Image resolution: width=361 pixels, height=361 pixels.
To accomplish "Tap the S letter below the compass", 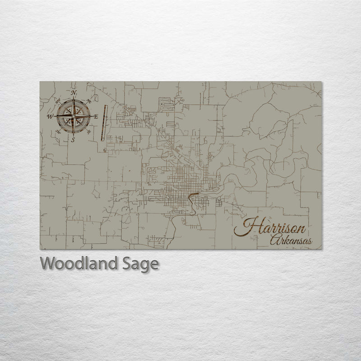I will (x=73, y=140).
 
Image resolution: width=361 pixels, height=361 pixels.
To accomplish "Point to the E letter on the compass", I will (x=96, y=116).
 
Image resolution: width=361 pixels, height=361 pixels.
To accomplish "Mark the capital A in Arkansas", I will (x=273, y=241).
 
